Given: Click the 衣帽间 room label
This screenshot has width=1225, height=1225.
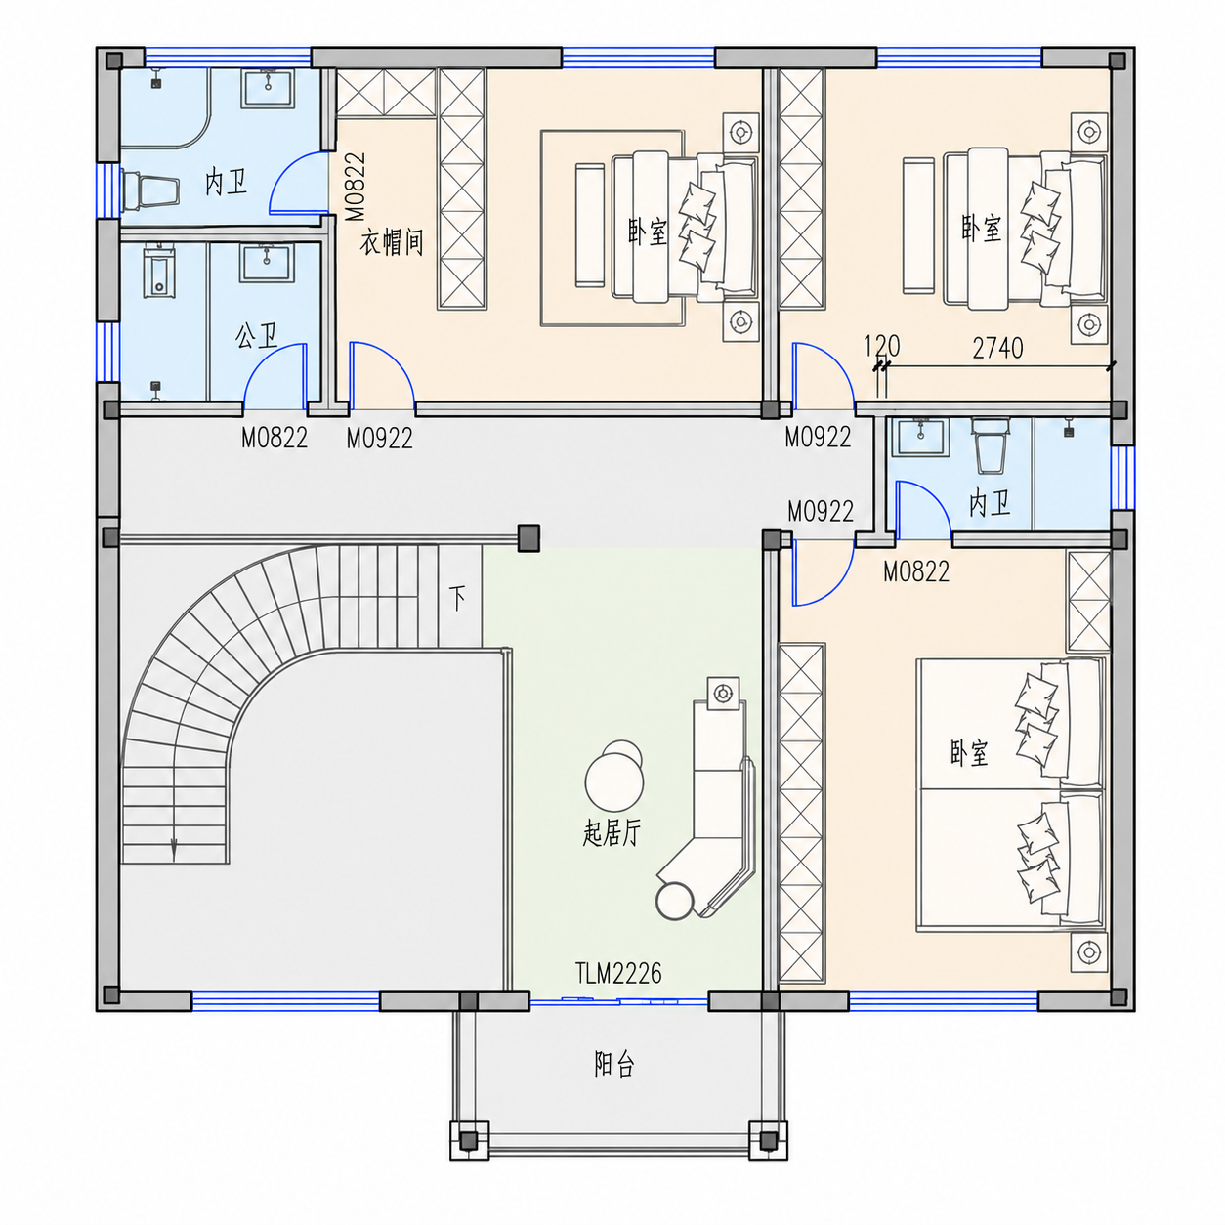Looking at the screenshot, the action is (x=392, y=243).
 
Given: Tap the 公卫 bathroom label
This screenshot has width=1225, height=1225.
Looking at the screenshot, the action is (x=256, y=335).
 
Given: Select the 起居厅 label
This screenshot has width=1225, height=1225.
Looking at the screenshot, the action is (x=612, y=832).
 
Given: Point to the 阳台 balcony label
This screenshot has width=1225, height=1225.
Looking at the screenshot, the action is (x=614, y=1064).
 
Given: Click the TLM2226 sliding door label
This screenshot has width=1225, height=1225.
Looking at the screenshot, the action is (x=618, y=973).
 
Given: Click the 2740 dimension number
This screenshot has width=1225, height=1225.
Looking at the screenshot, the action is (x=997, y=348).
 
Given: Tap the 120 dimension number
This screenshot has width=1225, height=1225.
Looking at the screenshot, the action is (x=882, y=346).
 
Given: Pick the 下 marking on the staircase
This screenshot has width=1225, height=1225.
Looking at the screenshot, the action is (x=457, y=598).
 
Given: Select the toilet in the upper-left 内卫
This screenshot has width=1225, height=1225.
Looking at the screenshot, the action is (x=150, y=190).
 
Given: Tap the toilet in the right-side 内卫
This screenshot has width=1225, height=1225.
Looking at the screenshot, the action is (x=990, y=445).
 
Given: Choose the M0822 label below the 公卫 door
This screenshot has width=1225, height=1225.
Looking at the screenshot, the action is (x=275, y=438).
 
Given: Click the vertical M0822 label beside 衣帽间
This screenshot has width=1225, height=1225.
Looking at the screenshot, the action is (x=356, y=187).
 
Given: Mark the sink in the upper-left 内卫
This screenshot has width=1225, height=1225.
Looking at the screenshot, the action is (x=267, y=88).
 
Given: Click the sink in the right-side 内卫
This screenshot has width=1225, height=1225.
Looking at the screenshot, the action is (x=920, y=436).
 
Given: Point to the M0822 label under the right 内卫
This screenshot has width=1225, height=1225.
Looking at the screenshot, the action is (x=916, y=571).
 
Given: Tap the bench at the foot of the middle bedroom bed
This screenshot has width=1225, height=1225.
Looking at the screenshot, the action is (x=589, y=225).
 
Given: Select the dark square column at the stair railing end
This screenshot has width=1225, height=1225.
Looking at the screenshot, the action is (x=528, y=538).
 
